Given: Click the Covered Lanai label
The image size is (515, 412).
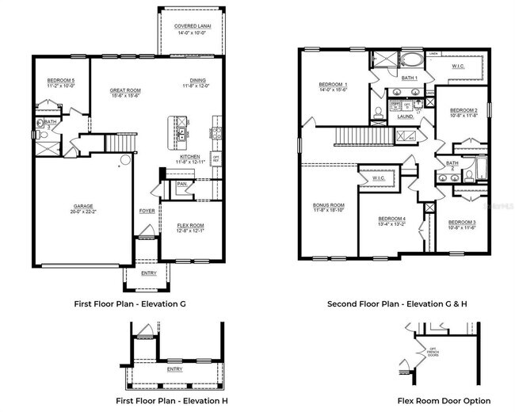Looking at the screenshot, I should [x=190, y=26].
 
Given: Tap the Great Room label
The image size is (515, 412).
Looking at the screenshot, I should [x=125, y=91].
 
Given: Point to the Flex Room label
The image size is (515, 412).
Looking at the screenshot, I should [x=190, y=227].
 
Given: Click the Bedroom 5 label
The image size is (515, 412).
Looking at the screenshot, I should [x=61, y=81].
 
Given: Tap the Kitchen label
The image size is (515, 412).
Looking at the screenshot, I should [x=190, y=158].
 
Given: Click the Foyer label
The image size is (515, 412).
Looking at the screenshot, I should [x=147, y=211].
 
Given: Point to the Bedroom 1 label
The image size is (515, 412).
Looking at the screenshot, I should [x=333, y=86].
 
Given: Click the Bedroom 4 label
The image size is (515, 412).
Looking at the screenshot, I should [x=391, y=219].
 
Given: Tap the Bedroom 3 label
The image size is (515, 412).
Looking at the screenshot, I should [x=462, y=223].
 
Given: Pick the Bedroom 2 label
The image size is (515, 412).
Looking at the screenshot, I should [x=463, y=111].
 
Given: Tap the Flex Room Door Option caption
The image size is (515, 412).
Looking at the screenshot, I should [x=444, y=401].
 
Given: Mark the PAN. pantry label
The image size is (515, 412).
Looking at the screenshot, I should [x=182, y=184].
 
